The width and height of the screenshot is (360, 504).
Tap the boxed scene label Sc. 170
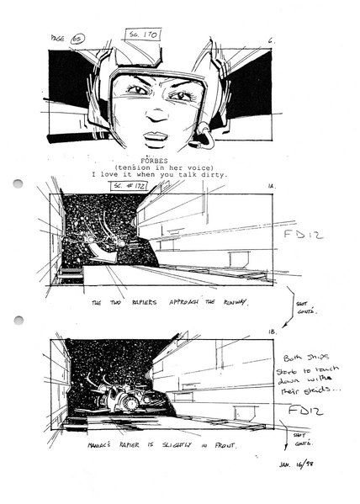144,34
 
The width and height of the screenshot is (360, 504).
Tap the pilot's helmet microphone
202,131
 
